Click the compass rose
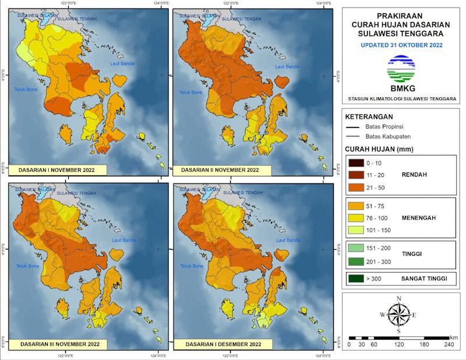[398, 315]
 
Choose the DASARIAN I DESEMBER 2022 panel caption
[220, 344]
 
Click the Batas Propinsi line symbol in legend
[351, 126]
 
